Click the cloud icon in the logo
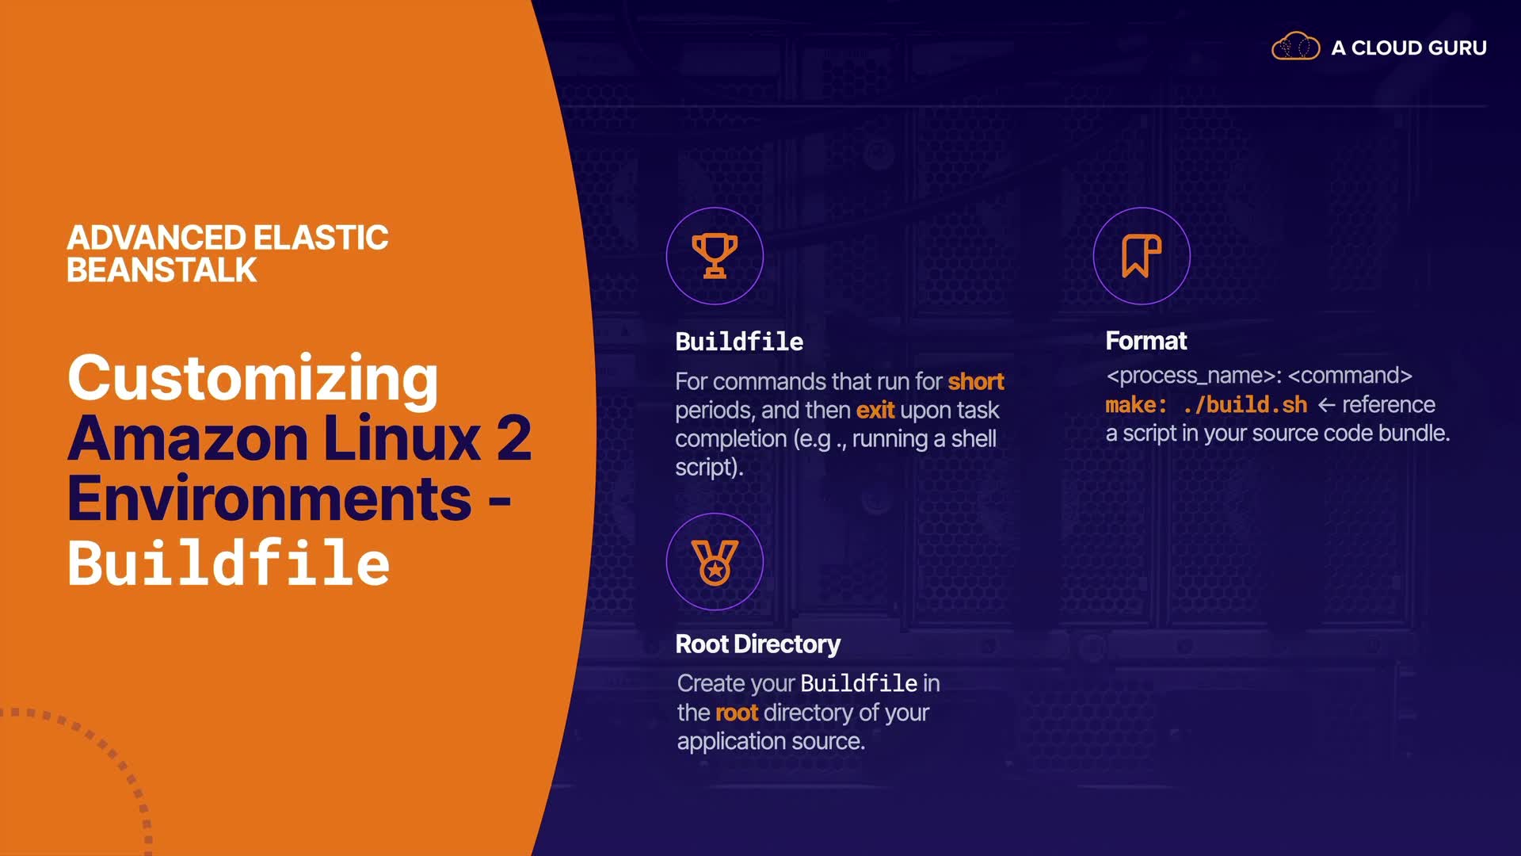(1295, 47)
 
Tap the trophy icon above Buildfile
(715, 256)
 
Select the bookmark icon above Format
(1141, 256)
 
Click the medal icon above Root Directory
(715, 562)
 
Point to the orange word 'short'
(976, 382)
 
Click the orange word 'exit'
(875, 411)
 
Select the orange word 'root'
(736, 713)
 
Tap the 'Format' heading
(1146, 341)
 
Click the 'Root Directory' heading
(757, 644)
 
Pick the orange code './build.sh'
(1245, 405)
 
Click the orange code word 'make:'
(1136, 405)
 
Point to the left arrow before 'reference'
(1326, 405)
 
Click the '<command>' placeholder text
(1350, 376)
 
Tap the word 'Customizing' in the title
(253, 378)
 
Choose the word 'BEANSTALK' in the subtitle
(162, 270)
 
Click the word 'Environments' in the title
(269, 499)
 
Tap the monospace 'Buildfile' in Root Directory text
(859, 683)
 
